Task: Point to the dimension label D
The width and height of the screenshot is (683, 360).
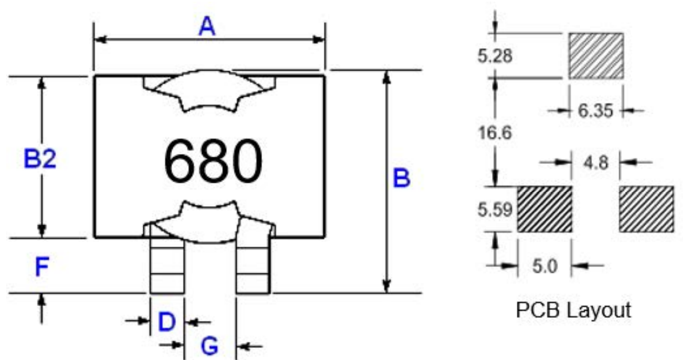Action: coord(167,322)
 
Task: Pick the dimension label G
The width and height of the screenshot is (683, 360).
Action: coord(209,346)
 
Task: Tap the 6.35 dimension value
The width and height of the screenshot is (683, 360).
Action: coord(595,111)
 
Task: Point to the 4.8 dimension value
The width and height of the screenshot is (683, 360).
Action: coord(595,163)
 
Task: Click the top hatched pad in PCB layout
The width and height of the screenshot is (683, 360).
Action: coord(595,56)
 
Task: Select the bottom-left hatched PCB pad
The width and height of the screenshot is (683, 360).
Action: coord(544,209)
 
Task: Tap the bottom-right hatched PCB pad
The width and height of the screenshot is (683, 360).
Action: coord(646,209)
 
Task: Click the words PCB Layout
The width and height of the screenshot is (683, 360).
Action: coord(574,310)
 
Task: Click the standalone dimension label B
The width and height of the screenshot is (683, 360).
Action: coord(401,179)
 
